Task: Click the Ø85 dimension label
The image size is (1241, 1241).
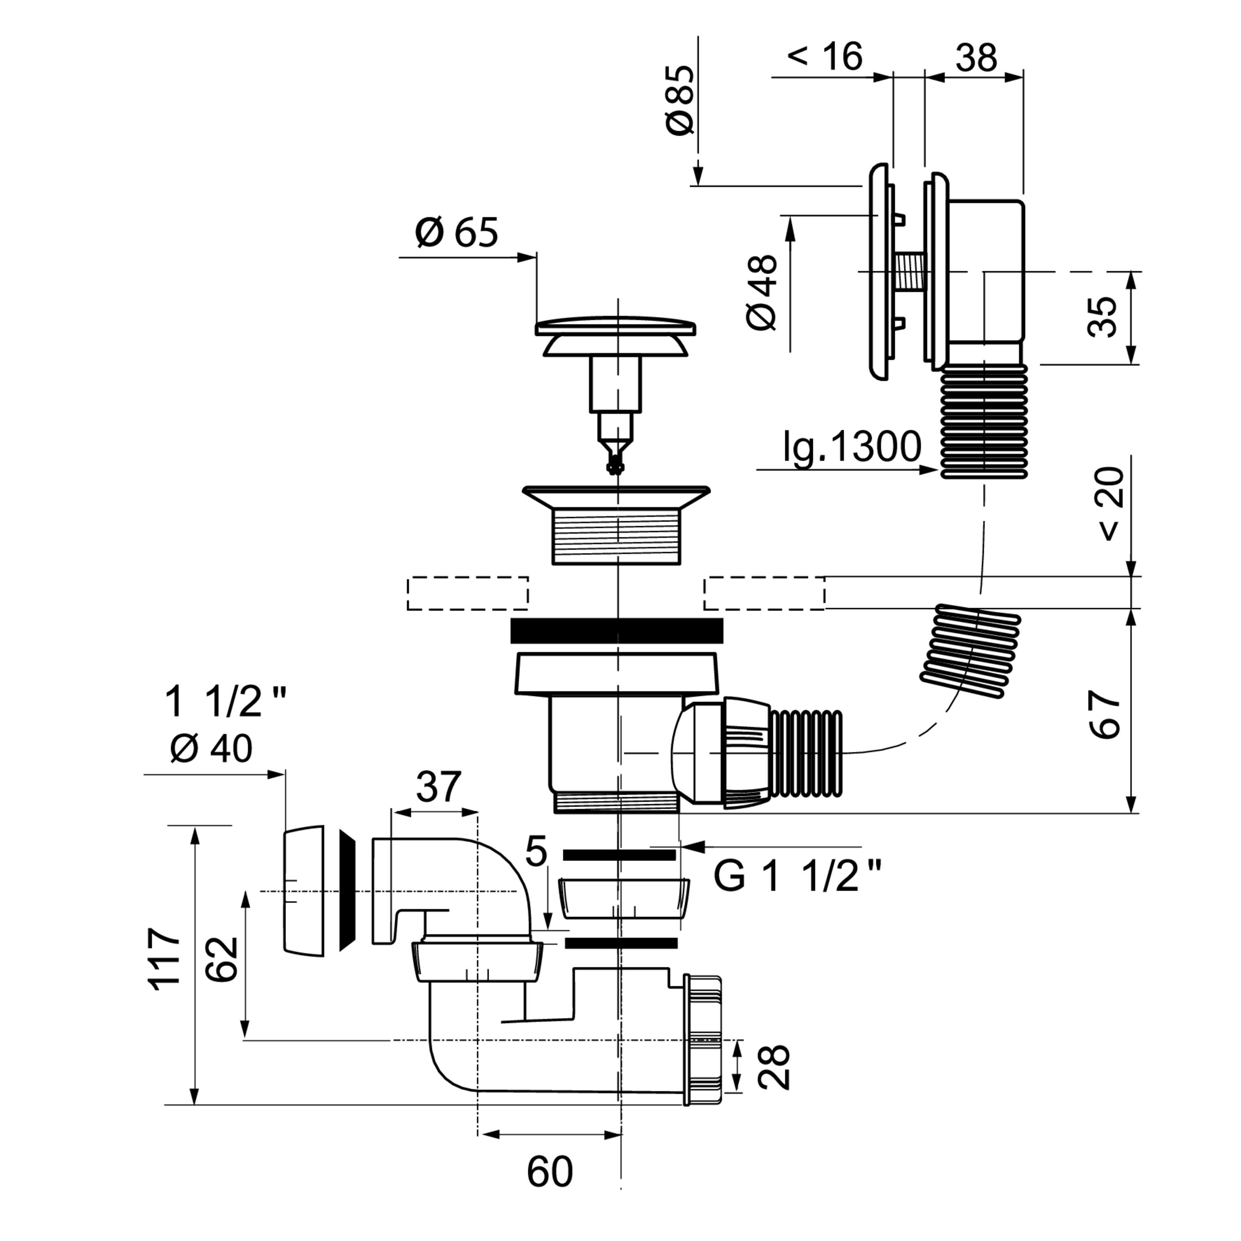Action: pos(680,100)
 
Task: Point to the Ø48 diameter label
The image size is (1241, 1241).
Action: pos(762,293)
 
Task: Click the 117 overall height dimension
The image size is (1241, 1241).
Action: pos(165,958)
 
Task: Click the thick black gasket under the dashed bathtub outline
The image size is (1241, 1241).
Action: pos(617,630)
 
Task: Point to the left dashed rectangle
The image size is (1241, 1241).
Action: pos(467,593)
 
